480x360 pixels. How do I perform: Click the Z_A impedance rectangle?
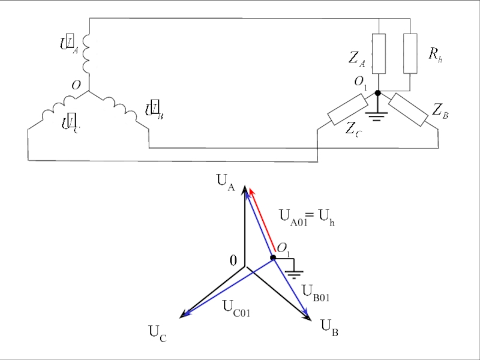point(379,53)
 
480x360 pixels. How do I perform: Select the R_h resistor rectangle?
point(410,53)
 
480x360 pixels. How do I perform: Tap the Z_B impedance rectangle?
point(409,109)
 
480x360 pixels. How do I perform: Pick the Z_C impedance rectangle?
point(347,109)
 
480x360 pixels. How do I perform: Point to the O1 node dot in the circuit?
point(377,93)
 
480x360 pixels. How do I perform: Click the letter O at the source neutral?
point(76,86)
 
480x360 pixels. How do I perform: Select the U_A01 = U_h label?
point(307,217)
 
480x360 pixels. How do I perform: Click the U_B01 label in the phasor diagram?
point(316,293)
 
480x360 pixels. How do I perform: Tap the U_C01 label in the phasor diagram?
point(236,307)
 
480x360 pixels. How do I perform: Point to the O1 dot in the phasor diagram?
point(273,257)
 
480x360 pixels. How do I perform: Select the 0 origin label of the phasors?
point(233,260)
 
